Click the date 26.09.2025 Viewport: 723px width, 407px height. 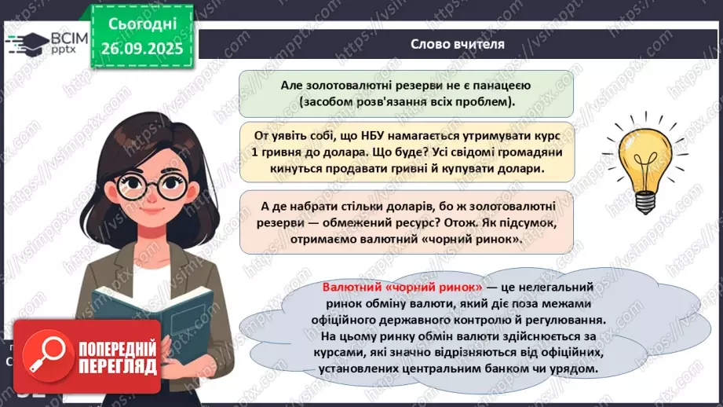coord(141,47)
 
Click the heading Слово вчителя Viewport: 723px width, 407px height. coord(458,44)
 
